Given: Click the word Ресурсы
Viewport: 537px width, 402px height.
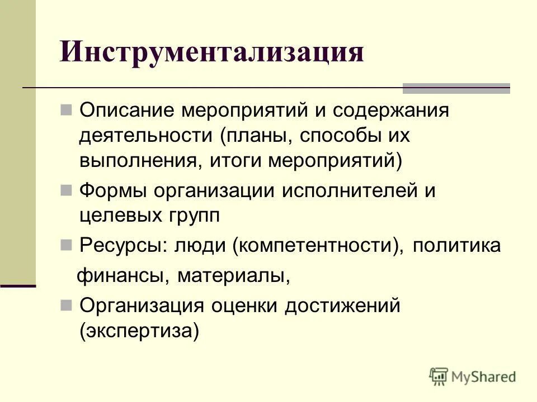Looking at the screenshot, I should pos(120,246).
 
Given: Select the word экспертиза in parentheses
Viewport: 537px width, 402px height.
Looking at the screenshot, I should pos(139,332).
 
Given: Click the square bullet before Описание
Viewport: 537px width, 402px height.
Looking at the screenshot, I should pos(65,108).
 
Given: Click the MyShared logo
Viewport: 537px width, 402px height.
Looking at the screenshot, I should pos(473,376).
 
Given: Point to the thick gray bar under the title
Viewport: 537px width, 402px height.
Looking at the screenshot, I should pos(456,88).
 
